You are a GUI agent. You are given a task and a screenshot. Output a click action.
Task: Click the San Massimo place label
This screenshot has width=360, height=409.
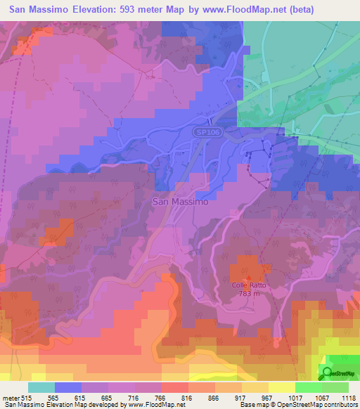click(x=180, y=201)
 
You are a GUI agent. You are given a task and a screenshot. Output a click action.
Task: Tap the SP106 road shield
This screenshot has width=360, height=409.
click(x=205, y=131)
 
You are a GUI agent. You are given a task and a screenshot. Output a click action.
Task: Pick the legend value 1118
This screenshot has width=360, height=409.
click(x=348, y=398)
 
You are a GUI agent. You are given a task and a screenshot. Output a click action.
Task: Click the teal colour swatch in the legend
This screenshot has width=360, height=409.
click(x=41, y=387)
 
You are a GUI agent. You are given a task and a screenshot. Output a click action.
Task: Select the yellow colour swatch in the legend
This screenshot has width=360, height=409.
click(x=282, y=387)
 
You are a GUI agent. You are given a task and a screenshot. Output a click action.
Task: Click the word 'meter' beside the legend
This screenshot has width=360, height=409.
click(x=11, y=398)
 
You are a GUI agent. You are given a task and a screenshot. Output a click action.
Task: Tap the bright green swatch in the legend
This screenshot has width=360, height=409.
click(x=309, y=387)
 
